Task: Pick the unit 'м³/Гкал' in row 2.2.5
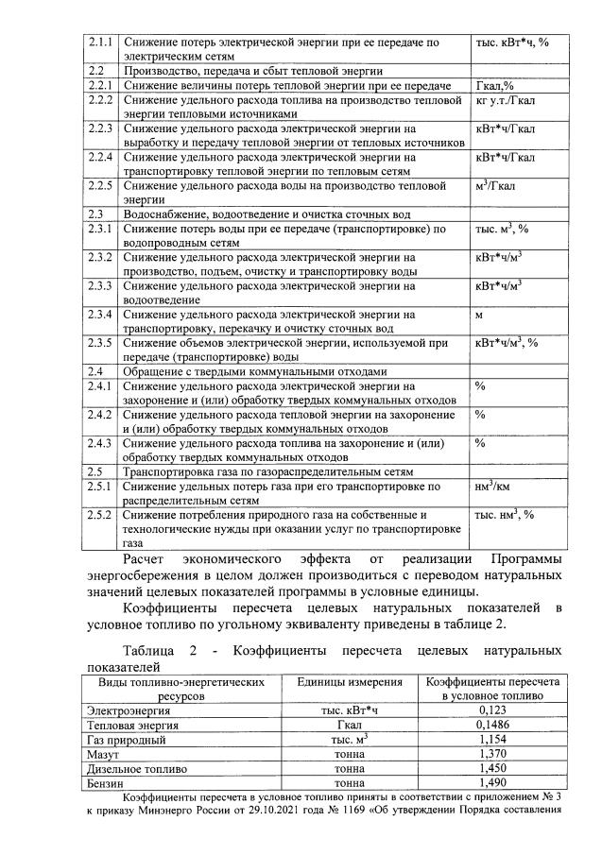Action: tap(500, 186)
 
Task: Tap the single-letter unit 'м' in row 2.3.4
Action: tap(479, 314)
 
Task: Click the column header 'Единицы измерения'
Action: tap(337, 681)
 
